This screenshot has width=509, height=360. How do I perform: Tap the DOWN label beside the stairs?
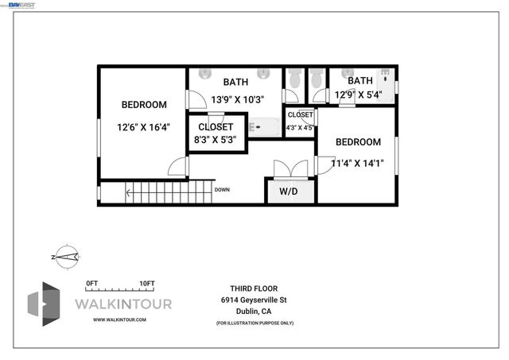click(222, 190)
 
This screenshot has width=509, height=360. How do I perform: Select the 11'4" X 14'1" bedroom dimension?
click(357, 164)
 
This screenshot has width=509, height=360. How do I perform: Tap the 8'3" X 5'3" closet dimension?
click(215, 139)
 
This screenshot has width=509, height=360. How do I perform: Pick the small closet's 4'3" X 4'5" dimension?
click(300, 127)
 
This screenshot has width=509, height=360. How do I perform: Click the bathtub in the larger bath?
click(265, 126)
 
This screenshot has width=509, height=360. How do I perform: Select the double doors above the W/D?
click(289, 169)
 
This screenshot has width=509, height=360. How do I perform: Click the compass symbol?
click(65, 256)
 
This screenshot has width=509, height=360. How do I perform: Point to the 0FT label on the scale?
click(91, 284)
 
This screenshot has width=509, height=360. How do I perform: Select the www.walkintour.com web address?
click(119, 319)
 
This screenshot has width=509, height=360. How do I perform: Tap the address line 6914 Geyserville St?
click(254, 300)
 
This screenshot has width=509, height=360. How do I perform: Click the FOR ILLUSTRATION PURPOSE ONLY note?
click(254, 323)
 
